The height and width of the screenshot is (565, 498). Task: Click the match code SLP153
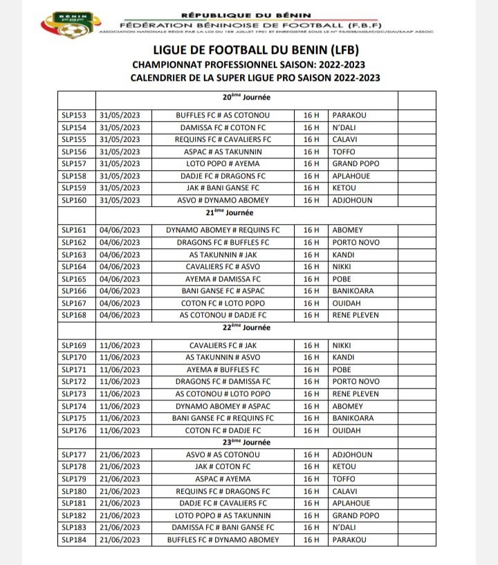pos(74,115)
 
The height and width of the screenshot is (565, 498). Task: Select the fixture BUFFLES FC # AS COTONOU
pos(223,115)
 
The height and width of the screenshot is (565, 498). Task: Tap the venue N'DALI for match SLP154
pos(344,127)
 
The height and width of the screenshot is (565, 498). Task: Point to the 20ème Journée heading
pos(222,98)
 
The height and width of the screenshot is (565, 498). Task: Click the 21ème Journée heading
pos(222,213)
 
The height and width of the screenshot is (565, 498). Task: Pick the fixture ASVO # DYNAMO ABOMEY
pos(223,201)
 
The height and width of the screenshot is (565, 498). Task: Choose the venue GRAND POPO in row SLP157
pos(356,164)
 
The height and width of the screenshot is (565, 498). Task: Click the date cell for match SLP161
pos(120,230)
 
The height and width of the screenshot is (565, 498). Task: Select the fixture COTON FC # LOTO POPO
pos(223,303)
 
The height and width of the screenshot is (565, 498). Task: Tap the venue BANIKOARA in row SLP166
pos(353,291)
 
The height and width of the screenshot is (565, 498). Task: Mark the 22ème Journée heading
pos(222,328)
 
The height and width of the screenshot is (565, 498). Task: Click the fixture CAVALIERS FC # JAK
pos(223,345)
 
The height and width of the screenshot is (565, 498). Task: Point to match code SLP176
pos(74,430)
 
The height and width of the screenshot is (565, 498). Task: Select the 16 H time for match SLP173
pos(312,393)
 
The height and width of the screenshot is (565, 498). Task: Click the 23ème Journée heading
pos(222,443)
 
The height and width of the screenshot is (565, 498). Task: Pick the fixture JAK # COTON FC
pos(223,467)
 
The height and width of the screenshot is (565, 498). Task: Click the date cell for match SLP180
pos(120,492)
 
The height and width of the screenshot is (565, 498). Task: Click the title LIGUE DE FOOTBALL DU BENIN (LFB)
pos(255,51)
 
